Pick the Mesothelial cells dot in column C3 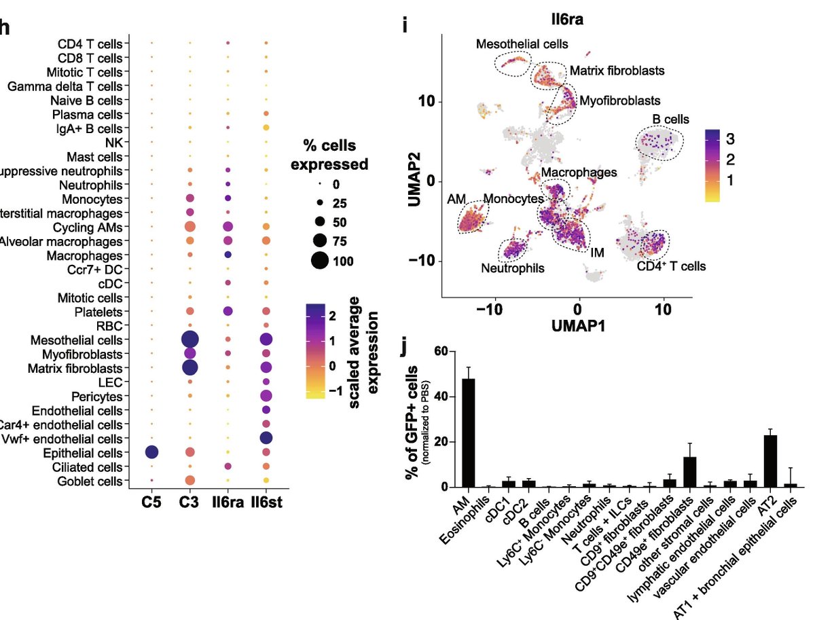(190, 340)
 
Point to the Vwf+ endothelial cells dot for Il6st (266, 439)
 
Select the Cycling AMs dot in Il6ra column (228, 226)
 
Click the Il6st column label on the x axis (266, 504)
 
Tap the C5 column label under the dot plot (151, 504)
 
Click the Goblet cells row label (88, 481)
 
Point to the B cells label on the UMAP (670, 120)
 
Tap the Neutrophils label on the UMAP (513, 268)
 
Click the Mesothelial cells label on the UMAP (522, 45)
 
